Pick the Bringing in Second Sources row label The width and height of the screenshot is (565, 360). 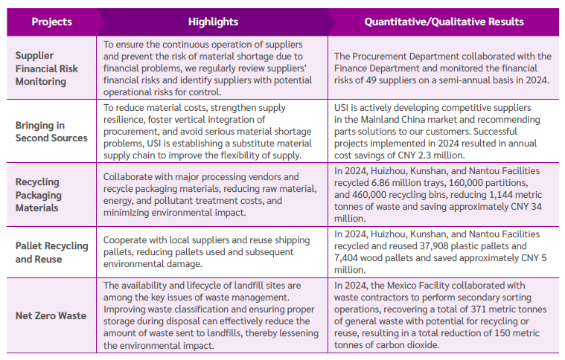[51, 132]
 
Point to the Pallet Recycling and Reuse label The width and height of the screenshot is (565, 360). [51, 252]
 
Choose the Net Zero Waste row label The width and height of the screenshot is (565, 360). [51, 315]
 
